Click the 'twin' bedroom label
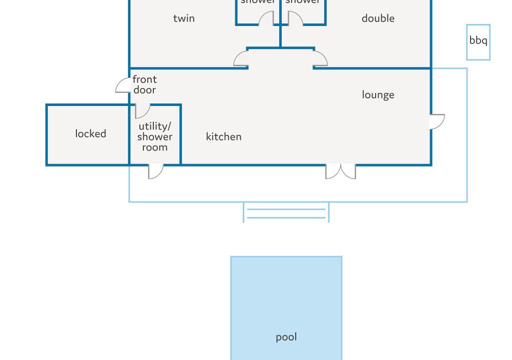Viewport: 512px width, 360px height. coord(184,18)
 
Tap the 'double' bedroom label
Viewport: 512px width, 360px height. coord(378,18)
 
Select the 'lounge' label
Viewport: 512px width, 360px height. coord(378,95)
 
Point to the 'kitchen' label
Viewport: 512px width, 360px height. coord(223,136)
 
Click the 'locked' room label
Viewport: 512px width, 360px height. coord(90,133)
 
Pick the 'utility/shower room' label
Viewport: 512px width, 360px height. coord(155,136)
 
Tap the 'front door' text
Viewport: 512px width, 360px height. coord(144,84)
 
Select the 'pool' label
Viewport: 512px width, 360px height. coord(286,337)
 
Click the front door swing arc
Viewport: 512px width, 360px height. coord(122,86)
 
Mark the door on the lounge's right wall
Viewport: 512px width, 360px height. coord(438,121)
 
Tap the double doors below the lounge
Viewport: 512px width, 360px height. coord(341,171)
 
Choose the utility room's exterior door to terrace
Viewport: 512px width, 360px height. coord(156,171)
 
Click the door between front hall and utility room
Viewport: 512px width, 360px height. coord(142,111)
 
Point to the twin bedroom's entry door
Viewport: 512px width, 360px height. coord(241,59)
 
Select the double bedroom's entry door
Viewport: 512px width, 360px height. coord(321,58)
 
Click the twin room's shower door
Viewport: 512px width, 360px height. coord(266,19)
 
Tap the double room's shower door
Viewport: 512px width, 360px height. coord(295,19)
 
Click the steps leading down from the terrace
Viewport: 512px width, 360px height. coord(286,213)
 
